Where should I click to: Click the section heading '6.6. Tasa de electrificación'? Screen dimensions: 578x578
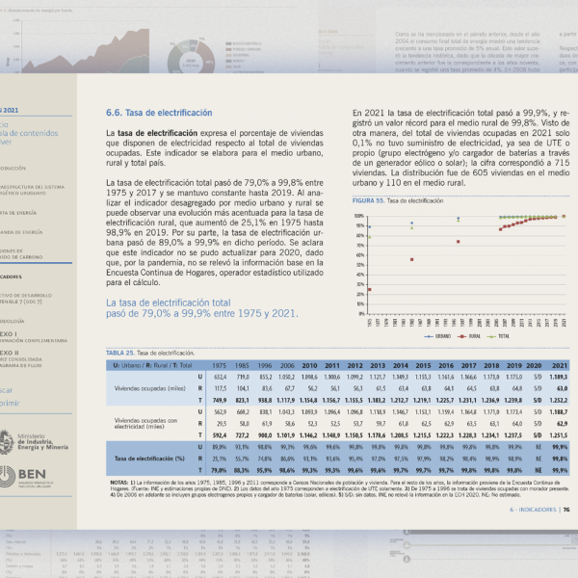(x=159, y=113)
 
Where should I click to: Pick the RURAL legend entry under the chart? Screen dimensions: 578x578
(x=470, y=336)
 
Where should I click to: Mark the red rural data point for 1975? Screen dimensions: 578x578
(x=370, y=289)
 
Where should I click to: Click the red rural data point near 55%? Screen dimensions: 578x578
(x=411, y=259)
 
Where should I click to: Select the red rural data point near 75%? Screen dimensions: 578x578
(x=458, y=241)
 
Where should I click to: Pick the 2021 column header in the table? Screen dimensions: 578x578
(x=557, y=366)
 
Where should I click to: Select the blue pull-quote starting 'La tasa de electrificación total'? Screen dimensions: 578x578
(x=201, y=308)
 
